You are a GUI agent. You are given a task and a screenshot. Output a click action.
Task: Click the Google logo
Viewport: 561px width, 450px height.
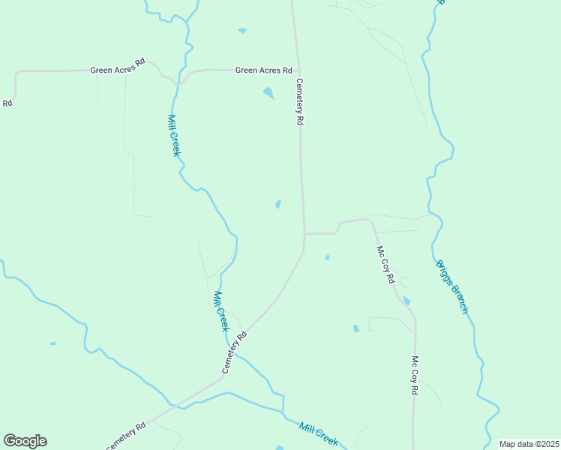pyautogui.click(x=25, y=441)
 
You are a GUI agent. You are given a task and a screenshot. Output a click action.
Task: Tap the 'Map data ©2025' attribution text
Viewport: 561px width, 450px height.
pyautogui.click(x=529, y=444)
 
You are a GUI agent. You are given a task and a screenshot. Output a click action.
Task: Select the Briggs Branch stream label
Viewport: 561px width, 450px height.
pyautogui.click(x=452, y=286)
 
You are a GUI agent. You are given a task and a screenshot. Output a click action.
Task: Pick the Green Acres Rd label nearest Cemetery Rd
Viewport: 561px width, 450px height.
pyautogui.click(x=263, y=70)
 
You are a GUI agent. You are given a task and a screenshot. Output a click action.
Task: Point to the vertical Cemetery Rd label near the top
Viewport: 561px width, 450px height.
pyautogui.click(x=299, y=101)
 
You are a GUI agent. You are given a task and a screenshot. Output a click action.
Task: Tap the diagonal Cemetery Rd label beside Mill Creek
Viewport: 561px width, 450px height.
pyautogui.click(x=234, y=354)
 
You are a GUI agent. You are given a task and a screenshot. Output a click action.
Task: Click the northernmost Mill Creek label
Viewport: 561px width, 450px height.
pyautogui.click(x=173, y=135)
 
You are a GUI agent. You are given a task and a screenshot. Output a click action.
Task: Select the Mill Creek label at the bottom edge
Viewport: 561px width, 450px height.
pyautogui.click(x=318, y=433)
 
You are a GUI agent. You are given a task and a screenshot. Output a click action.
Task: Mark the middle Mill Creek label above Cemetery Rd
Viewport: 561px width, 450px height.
pyautogui.click(x=220, y=310)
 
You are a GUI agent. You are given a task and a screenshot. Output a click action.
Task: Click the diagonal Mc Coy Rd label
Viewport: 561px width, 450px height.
pyautogui.click(x=385, y=265)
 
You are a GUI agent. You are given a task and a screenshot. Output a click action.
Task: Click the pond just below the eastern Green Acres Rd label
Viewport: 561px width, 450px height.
pyautogui.click(x=268, y=94)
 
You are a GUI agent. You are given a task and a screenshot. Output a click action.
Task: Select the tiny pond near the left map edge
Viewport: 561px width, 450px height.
pyautogui.click(x=52, y=343)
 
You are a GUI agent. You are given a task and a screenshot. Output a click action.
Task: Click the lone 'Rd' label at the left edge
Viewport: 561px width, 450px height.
pyautogui.click(x=7, y=103)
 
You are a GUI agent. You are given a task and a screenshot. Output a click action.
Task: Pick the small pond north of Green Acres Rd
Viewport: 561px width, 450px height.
pyautogui.click(x=241, y=31)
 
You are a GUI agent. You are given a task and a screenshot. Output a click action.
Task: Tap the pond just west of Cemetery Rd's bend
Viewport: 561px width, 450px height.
pyautogui.click(x=278, y=204)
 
